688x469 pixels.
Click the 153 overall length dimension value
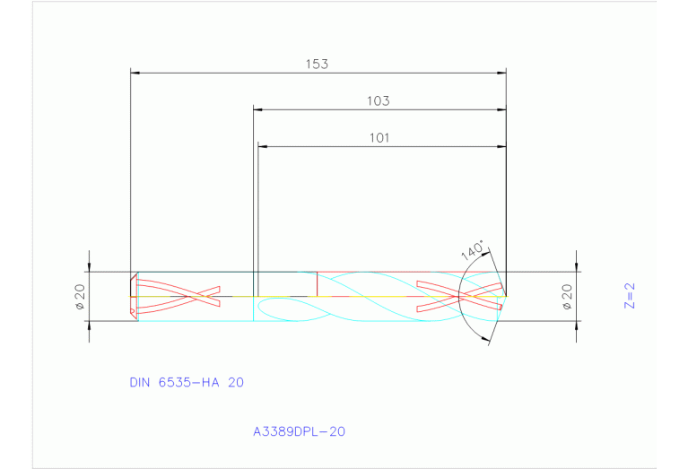click(317, 64)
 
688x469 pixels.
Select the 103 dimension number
click(378, 101)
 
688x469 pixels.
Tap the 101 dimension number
click(380, 138)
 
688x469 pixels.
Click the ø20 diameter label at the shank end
click(79, 296)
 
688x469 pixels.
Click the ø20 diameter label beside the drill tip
click(567, 296)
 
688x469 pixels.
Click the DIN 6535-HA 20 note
click(187, 382)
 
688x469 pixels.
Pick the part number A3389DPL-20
click(299, 431)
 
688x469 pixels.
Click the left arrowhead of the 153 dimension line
click(135, 72)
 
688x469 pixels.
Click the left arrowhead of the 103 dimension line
click(257, 109)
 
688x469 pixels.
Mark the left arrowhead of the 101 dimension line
click(263, 146)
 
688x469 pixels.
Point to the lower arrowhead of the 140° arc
click(487, 339)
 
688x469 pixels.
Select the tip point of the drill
click(506, 296)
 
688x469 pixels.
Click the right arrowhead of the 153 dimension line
click(502, 72)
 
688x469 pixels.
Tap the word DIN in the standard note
click(139, 382)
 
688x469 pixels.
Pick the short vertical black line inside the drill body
click(317, 282)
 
